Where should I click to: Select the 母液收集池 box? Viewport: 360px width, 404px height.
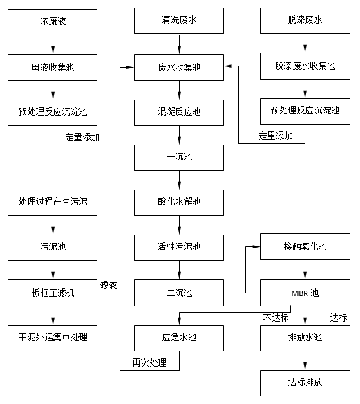tap(53, 67)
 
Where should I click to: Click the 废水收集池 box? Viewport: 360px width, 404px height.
tap(179, 67)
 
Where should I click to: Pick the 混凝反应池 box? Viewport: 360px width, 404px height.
tap(179, 111)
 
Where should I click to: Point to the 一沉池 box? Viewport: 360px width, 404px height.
tap(179, 156)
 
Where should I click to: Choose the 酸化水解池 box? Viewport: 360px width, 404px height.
tap(179, 201)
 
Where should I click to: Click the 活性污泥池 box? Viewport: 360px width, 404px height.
tap(179, 246)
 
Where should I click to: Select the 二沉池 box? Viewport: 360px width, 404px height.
tap(179, 291)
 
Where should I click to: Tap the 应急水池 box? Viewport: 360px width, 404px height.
tap(179, 337)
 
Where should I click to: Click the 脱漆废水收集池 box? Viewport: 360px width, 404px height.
tap(305, 67)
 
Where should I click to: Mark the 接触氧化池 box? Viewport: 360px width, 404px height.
tap(305, 246)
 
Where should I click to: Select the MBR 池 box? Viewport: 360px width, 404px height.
tap(305, 291)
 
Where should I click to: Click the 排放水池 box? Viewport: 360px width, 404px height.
tap(305, 337)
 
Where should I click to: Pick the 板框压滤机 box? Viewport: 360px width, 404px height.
tap(53, 291)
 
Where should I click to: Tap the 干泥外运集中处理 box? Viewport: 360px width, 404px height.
tap(53, 337)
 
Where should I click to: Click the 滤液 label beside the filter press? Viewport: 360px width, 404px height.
tap(108, 284)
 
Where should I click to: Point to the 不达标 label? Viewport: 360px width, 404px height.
tap(274, 318)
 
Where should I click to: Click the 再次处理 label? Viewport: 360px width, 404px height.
tap(149, 362)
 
